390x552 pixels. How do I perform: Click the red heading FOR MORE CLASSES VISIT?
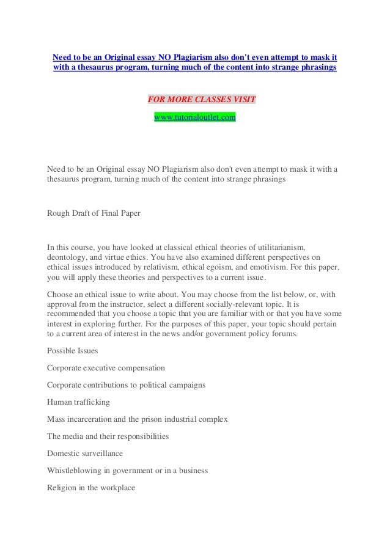click(202, 100)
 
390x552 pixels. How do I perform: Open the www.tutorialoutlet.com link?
click(194, 116)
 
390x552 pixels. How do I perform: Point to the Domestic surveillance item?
click(85, 454)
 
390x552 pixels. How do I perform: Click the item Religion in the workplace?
click(91, 488)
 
